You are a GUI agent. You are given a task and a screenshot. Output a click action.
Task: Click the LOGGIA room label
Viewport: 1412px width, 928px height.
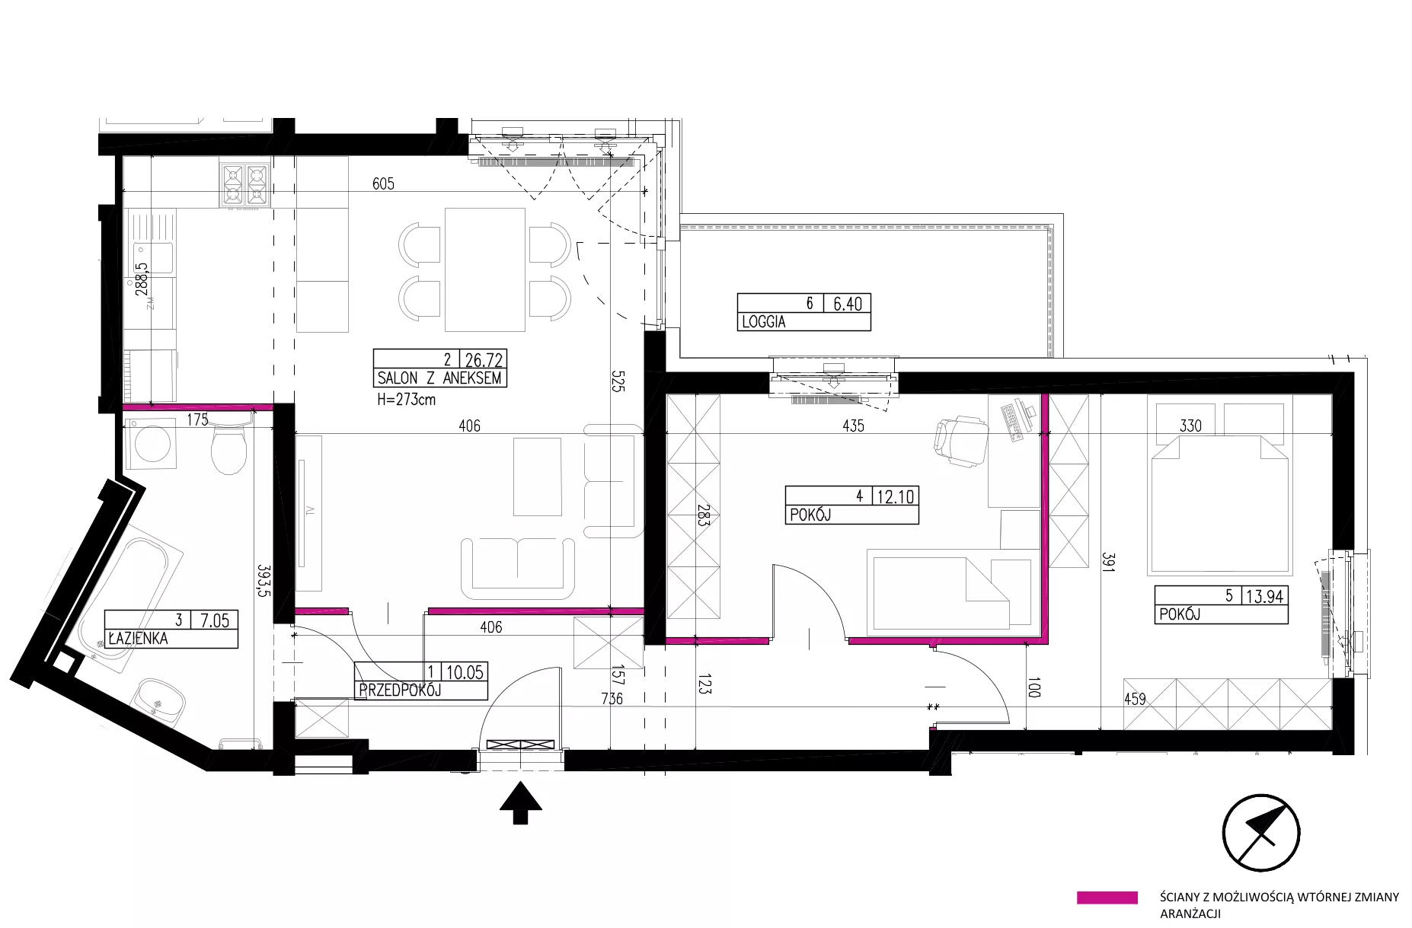[x=763, y=322]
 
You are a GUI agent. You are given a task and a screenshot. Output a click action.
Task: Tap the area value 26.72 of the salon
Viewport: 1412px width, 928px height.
[x=484, y=359]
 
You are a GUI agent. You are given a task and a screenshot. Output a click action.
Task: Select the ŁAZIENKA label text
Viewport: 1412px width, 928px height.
[x=137, y=639]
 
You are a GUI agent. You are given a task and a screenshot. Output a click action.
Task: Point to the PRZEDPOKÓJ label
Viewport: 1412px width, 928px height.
[x=400, y=690]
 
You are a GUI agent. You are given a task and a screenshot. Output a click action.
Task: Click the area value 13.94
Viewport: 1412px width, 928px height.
[x=1265, y=596]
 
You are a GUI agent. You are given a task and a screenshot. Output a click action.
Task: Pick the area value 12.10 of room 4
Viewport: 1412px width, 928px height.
[x=896, y=496]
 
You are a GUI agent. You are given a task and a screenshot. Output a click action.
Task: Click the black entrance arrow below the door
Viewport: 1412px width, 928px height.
[x=520, y=802]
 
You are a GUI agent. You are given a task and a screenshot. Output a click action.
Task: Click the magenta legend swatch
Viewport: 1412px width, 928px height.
[x=1107, y=898]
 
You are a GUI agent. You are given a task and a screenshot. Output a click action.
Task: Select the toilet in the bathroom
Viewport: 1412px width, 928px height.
[x=228, y=446]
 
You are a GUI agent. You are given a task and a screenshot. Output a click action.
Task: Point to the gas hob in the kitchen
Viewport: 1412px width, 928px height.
[x=244, y=185]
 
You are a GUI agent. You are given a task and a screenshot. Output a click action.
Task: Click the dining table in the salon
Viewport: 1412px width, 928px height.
[x=485, y=269]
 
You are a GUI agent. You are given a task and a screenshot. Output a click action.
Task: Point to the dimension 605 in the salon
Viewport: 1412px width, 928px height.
[x=383, y=183]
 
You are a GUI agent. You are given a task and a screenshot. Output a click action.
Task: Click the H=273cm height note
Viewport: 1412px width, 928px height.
[x=406, y=399]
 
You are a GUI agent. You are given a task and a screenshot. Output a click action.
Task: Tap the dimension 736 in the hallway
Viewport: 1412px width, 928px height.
[x=612, y=698]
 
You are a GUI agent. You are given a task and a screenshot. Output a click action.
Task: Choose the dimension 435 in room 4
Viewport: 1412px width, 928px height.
[x=853, y=426]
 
